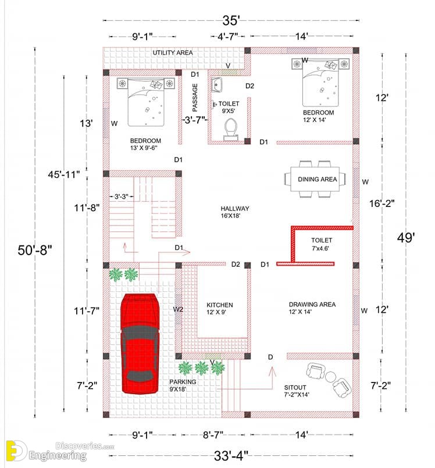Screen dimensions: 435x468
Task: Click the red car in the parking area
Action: [140, 344]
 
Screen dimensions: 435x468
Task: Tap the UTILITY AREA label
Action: [173, 53]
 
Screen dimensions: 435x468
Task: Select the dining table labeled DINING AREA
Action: [315, 179]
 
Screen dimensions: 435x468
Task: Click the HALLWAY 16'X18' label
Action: [235, 212]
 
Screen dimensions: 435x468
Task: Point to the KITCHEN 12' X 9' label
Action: [219, 308]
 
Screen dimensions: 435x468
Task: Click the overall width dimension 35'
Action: [231, 20]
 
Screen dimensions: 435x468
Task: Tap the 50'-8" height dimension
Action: [35, 250]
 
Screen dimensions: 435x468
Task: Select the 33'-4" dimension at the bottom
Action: [231, 456]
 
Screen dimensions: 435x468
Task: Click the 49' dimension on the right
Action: [406, 238]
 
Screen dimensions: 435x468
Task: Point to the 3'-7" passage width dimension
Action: [195, 120]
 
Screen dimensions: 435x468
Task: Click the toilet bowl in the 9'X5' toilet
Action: [230, 129]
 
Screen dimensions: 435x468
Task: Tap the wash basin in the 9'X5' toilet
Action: [216, 85]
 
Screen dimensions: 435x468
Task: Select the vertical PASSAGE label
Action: [195, 98]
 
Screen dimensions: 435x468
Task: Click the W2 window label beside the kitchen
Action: [178, 309]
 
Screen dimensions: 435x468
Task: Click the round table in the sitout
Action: [330, 376]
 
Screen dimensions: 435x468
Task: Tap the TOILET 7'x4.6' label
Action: [321, 244]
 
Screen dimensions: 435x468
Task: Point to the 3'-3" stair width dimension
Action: [121, 197]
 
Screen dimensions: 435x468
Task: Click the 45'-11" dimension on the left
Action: [63, 174]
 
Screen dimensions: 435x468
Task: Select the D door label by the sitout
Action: [270, 357]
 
